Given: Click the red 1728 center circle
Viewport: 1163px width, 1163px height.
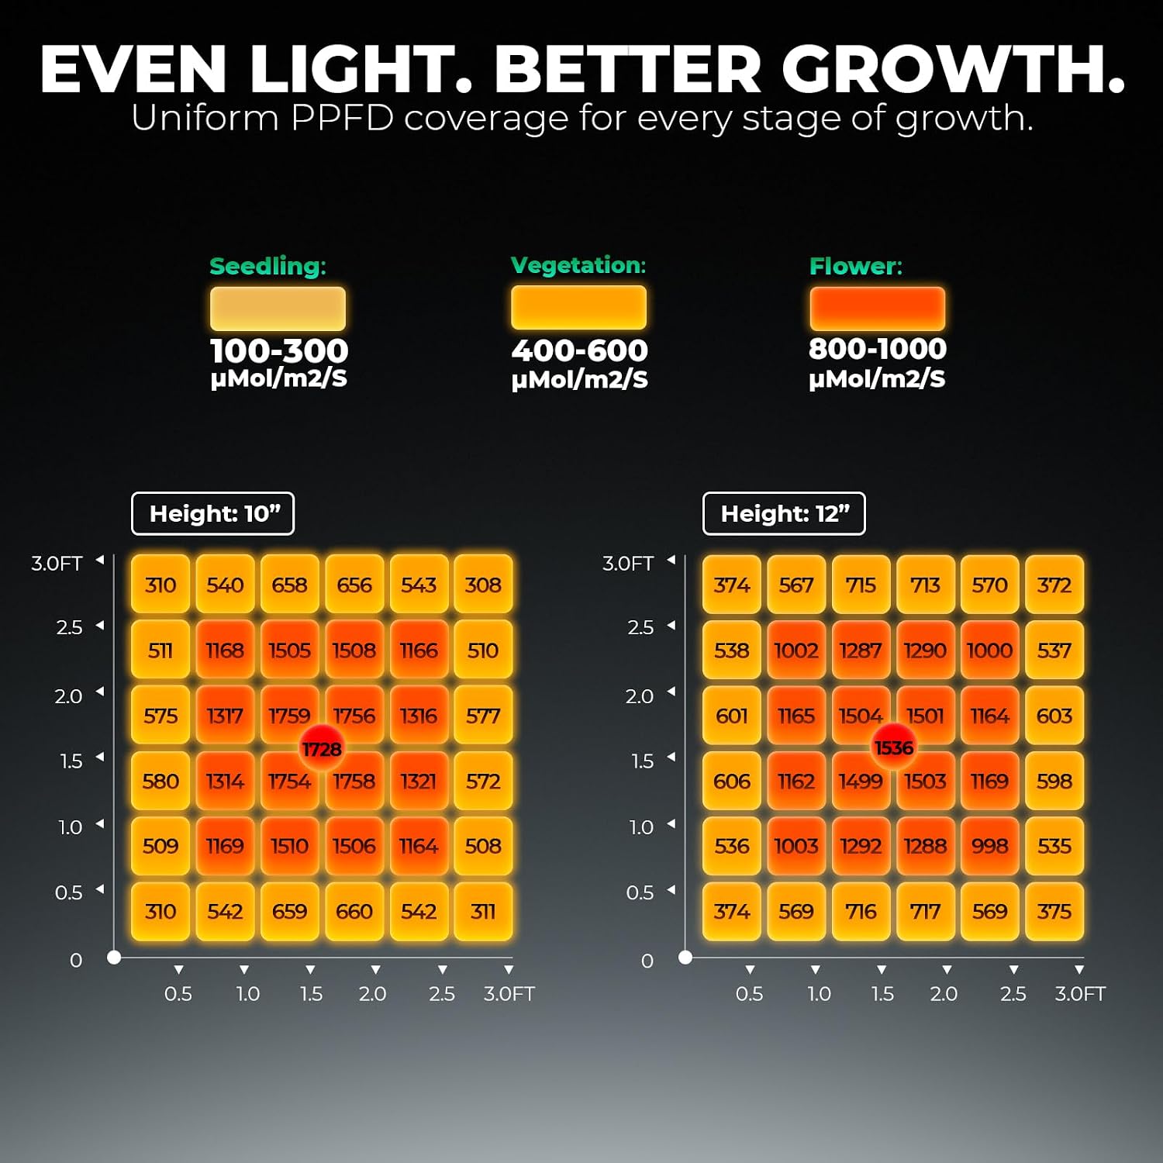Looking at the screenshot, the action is [x=322, y=748].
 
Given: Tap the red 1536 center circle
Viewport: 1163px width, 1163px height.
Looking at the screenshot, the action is [x=894, y=747].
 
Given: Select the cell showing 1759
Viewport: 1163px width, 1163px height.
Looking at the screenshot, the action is [x=289, y=715].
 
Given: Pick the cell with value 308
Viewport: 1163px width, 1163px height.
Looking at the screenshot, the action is [x=483, y=585].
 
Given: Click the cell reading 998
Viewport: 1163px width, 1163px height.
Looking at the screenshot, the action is [x=990, y=846].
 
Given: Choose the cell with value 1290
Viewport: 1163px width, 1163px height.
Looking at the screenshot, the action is [x=925, y=650].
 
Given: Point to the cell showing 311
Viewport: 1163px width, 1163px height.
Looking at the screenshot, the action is [x=483, y=911].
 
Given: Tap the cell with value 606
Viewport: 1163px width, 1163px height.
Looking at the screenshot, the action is [x=732, y=781].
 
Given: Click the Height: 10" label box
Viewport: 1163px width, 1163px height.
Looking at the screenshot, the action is [x=213, y=513].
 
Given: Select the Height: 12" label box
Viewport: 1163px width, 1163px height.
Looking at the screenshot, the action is [x=785, y=513].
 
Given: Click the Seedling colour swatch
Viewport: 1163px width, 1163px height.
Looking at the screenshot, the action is [x=278, y=309].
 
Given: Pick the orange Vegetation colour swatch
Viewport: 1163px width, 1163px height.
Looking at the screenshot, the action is [x=578, y=307].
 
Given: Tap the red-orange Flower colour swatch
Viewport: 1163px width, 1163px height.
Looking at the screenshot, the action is [x=878, y=309].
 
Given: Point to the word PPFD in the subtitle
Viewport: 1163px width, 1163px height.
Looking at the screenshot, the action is [x=342, y=119].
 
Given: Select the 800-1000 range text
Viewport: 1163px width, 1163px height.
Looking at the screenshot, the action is [x=878, y=349].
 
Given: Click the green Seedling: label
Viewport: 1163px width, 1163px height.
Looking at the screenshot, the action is [x=268, y=267].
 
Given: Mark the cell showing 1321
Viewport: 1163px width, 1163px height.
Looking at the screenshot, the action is [x=419, y=781].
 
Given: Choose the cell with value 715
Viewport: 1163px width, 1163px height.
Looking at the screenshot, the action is [x=861, y=585].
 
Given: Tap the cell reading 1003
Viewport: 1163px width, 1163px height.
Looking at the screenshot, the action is [x=796, y=846].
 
